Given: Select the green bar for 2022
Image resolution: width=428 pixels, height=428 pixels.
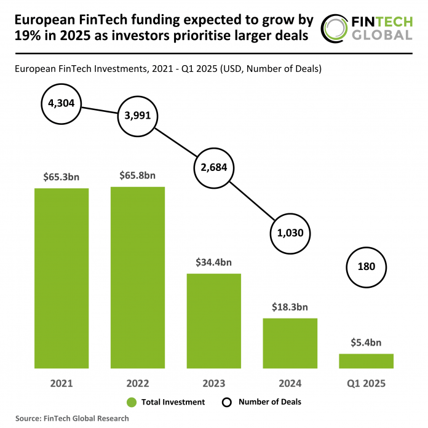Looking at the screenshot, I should point(138,277).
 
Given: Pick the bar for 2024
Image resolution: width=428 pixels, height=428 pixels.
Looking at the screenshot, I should point(290,343).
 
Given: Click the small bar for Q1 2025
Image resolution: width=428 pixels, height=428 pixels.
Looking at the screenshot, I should point(366,361).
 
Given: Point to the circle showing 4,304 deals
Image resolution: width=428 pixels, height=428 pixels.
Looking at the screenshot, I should point(61,103).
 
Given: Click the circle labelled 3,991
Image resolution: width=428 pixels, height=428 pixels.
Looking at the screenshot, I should point(138,116).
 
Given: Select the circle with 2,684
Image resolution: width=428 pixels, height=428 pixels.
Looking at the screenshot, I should point(214,168).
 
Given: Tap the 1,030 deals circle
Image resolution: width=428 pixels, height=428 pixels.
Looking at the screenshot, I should point(290,234).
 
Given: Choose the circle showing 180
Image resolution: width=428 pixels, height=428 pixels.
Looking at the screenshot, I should point(366,267).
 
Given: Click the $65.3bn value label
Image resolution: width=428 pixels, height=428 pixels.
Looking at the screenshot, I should point(61,176).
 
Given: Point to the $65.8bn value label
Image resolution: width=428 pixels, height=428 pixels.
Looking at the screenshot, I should point(138,175).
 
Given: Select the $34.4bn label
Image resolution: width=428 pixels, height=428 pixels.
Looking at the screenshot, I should point(214,262).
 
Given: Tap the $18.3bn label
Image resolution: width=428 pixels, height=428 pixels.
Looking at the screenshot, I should point(290,307).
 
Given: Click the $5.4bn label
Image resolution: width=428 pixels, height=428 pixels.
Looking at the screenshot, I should point(366,343).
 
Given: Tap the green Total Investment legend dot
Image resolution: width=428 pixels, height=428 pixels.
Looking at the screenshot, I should point(131,402).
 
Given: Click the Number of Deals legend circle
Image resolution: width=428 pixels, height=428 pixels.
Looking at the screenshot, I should point(226,402).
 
